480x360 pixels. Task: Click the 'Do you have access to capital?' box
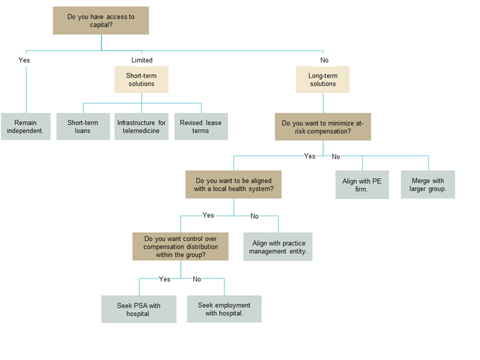[101, 20]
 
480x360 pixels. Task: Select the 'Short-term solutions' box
[142, 80]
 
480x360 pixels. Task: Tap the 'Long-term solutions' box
[323, 80]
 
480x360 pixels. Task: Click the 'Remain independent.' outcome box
[26, 127]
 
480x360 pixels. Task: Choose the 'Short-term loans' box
[83, 127]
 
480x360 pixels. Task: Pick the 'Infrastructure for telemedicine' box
[142, 127]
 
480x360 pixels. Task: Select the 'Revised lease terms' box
[201, 127]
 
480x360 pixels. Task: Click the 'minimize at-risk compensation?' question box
[323, 127]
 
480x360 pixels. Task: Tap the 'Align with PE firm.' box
[362, 185]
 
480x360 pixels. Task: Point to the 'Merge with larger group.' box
[428, 185]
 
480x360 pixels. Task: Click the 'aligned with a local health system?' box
[233, 185]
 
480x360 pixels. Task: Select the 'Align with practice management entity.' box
[278, 247]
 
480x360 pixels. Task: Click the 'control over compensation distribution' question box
[181, 247]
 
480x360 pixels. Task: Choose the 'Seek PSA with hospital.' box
[139, 309]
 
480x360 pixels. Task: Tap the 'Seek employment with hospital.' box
[224, 309]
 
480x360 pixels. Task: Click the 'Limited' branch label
[142, 61]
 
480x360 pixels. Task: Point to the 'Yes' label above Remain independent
[24, 61]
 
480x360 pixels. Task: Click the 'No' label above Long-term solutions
[325, 61]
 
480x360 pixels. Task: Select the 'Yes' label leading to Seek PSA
[164, 279]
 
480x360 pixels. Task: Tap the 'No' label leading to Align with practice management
[254, 217]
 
